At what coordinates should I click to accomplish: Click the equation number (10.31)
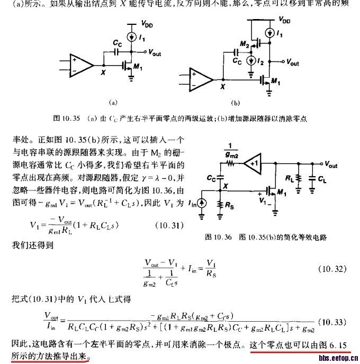click(x=167, y=226)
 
